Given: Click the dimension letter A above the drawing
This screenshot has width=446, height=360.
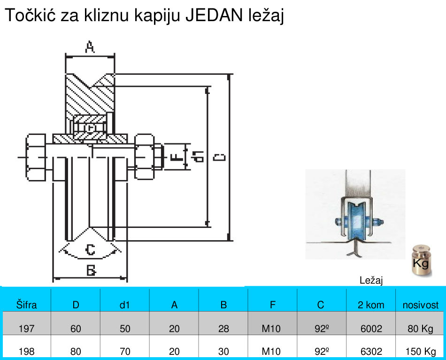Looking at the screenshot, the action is click(x=90, y=47).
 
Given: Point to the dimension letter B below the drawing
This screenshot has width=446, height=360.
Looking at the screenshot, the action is click(x=91, y=270).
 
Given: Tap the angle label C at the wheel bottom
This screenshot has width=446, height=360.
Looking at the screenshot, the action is click(x=90, y=250).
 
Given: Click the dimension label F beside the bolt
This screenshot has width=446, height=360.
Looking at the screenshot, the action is click(x=177, y=157).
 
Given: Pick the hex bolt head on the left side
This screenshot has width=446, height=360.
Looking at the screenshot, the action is click(x=36, y=157).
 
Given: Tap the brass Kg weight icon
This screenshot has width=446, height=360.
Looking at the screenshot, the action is click(x=421, y=260).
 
